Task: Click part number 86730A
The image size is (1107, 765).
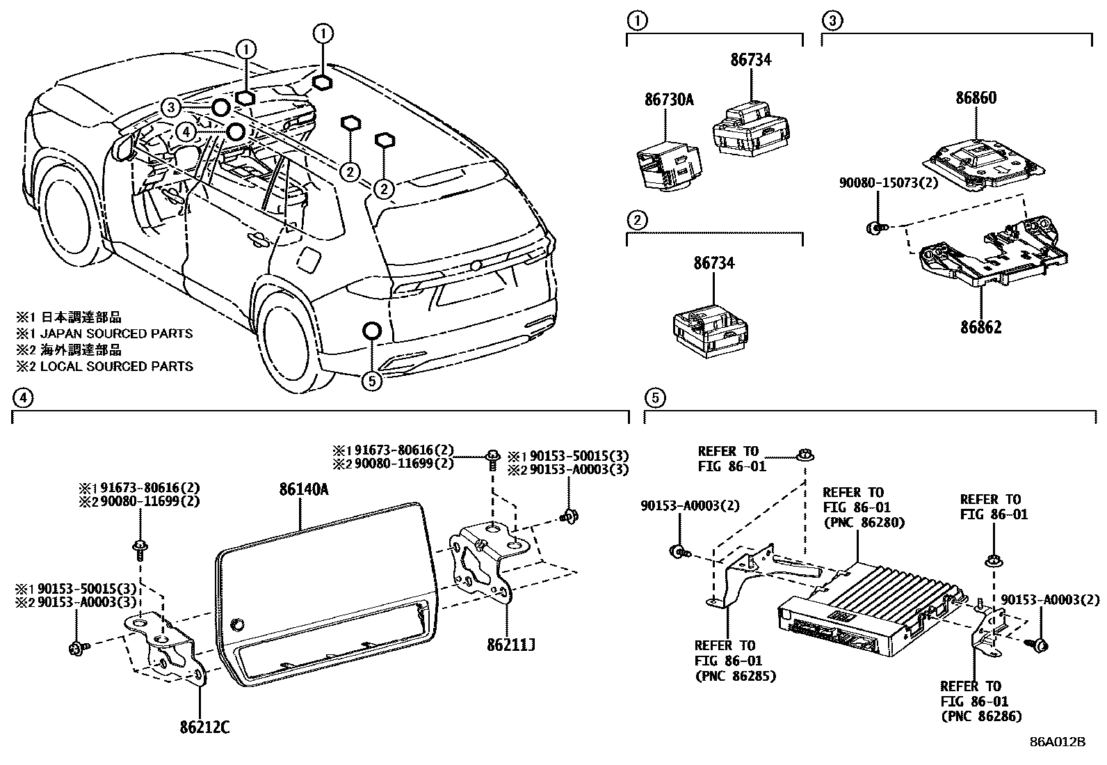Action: click(x=668, y=100)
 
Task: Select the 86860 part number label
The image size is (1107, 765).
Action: click(x=975, y=97)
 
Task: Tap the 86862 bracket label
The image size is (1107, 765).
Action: click(x=980, y=326)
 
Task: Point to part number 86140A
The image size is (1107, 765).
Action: click(x=303, y=489)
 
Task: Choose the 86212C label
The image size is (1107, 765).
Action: click(x=204, y=728)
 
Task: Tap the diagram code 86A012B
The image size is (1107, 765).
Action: click(x=1057, y=742)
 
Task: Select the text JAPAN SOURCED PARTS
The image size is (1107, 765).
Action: click(x=116, y=333)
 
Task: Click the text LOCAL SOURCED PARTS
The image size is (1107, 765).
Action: click(x=116, y=366)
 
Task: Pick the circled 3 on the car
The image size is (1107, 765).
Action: click(x=171, y=107)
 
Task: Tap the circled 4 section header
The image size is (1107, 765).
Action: click(x=22, y=397)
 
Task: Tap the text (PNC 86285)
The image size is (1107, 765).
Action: click(x=735, y=675)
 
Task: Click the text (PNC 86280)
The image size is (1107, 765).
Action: click(x=864, y=522)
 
